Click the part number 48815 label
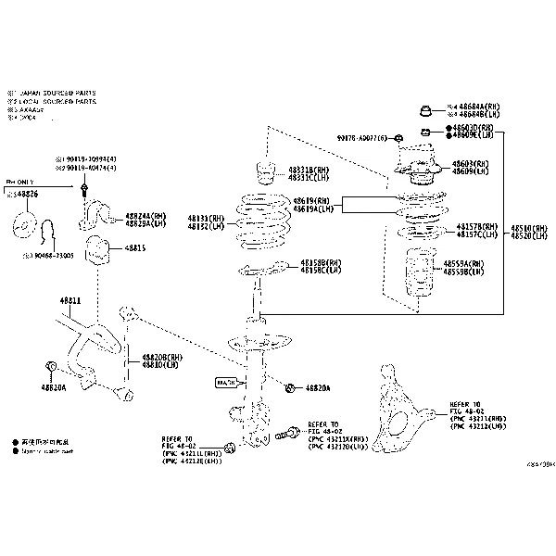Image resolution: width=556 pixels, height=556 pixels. (135, 248)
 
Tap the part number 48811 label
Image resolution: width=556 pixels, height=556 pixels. (70, 301)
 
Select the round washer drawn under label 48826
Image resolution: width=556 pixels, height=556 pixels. (24, 225)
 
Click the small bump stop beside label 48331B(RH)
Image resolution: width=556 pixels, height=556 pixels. (262, 173)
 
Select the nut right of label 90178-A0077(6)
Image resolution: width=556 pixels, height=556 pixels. (396, 139)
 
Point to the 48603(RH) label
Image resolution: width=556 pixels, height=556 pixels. (471, 163)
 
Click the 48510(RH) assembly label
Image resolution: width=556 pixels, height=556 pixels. (528, 227)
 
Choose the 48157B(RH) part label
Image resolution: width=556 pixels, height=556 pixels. (476, 227)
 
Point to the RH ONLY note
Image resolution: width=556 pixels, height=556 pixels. (20, 183)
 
